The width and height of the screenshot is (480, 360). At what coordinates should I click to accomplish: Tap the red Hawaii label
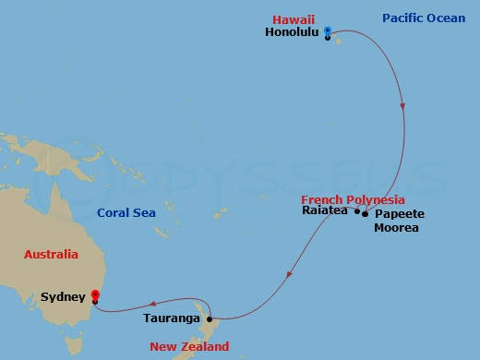293,18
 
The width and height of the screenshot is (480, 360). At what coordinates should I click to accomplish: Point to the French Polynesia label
353,199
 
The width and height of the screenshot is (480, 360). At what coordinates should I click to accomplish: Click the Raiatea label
324,210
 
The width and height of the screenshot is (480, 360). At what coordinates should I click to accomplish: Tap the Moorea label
397,227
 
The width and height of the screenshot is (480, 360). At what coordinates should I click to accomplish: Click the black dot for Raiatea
357,211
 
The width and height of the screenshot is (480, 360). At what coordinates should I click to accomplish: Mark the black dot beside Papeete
366,214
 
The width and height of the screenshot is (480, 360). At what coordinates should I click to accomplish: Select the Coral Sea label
126,213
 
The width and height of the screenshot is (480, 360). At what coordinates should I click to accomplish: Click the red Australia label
51,254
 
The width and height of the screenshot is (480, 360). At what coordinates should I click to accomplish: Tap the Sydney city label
65,297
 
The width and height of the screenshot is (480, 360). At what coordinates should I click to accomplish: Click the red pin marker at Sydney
95,297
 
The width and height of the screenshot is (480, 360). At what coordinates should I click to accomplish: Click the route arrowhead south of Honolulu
402,107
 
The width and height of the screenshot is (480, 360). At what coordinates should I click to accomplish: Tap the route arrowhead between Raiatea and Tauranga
291,272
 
